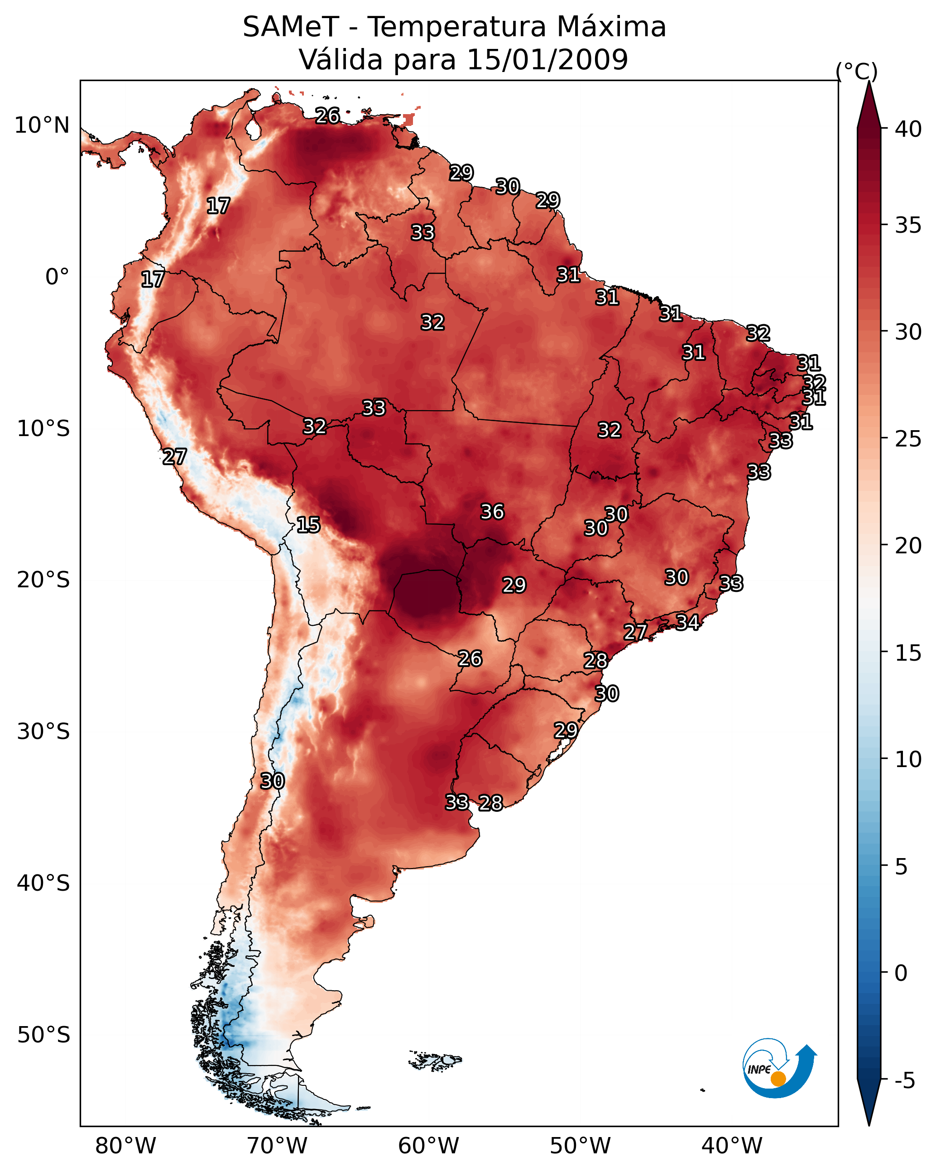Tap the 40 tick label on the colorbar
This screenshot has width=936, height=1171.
908,129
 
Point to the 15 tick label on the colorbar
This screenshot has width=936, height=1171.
908,653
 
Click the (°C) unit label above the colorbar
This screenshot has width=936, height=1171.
856,72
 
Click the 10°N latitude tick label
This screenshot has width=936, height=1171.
42,125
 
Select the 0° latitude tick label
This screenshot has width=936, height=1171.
57,277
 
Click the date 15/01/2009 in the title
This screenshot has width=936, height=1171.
547,60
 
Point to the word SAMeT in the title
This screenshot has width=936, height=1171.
291,27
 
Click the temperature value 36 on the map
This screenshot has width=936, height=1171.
492,512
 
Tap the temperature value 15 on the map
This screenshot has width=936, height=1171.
308,525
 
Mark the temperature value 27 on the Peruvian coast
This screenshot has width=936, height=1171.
174,457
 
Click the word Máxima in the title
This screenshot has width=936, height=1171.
611,27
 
